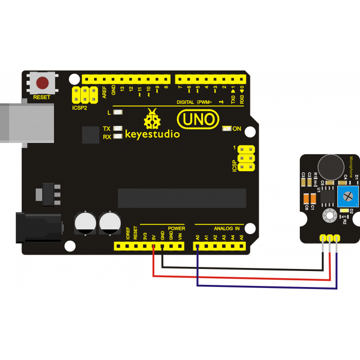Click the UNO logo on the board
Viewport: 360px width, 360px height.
(196, 120)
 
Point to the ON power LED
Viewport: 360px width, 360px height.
(226, 129)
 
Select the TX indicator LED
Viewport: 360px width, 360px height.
(118, 128)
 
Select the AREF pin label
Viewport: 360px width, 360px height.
(104, 92)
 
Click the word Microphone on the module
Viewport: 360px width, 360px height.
(352, 167)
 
